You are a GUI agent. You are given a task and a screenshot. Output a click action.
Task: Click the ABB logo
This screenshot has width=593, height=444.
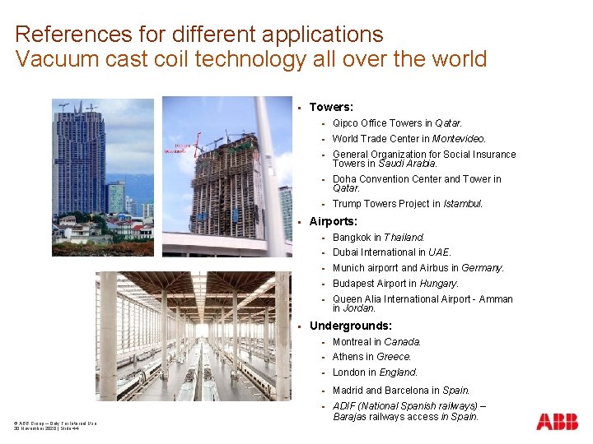(557, 422)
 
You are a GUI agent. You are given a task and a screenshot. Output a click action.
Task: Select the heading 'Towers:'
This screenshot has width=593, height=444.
(331, 107)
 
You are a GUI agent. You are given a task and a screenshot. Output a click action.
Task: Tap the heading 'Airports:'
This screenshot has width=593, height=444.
(333, 221)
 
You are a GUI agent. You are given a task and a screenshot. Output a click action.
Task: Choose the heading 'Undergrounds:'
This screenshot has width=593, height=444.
(350, 326)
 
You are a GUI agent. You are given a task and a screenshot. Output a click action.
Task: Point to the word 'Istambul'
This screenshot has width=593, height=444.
(462, 203)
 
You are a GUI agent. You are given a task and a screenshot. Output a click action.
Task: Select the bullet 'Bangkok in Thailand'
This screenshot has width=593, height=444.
(378, 237)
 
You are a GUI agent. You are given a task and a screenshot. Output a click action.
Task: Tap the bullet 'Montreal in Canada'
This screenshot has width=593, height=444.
(376, 341)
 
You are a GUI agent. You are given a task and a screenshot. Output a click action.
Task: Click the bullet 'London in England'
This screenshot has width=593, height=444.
(375, 372)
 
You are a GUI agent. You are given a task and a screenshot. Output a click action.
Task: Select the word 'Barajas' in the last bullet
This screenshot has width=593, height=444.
(351, 417)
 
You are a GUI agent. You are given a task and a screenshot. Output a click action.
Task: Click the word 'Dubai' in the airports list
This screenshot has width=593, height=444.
(345, 252)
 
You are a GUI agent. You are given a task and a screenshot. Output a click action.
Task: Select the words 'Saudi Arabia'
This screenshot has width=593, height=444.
(405, 163)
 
